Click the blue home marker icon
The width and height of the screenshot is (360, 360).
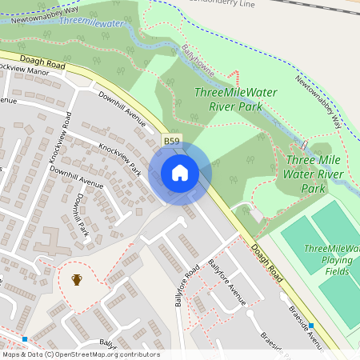click(179, 172)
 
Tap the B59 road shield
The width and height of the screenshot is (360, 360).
click(172, 142)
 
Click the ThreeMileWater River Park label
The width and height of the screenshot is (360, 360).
click(236, 98)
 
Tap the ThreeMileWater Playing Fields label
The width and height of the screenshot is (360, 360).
click(331, 260)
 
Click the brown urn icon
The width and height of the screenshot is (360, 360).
click(77, 279)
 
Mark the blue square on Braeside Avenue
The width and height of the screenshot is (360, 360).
click(311, 326)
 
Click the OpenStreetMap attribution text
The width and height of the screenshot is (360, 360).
click(81, 354)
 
